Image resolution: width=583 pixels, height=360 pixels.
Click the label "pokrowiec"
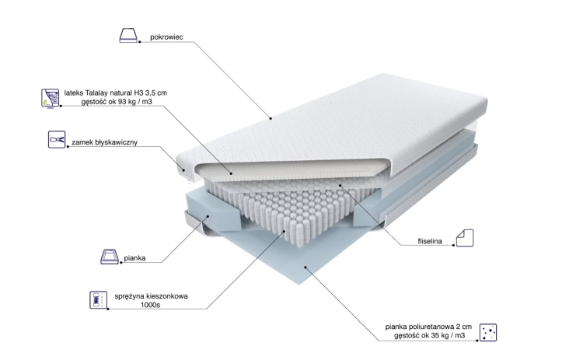[166, 37]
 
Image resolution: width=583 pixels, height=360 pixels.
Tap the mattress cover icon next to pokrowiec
[128, 35]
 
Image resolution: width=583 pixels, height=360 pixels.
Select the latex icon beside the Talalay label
[51, 98]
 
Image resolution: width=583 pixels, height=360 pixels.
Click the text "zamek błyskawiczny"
[104, 142]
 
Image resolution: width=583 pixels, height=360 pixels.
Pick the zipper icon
[57, 139]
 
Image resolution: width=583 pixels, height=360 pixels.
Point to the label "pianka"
[134, 258]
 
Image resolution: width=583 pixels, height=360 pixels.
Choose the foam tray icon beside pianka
[110, 257]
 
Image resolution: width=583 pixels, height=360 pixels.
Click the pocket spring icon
[99, 300]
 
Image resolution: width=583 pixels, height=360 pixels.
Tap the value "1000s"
[150, 305]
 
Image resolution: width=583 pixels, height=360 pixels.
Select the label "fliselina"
[430, 241]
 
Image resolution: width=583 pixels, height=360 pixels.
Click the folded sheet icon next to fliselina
[465, 238]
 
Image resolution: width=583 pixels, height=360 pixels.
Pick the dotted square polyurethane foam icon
[488, 332]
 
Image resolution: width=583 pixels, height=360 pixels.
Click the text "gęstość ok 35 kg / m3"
[429, 335]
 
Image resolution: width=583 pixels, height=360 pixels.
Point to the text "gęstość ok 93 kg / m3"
[117, 102]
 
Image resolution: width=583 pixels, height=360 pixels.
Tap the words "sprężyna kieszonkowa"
[151, 296]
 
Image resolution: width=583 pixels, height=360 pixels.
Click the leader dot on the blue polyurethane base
[305, 267]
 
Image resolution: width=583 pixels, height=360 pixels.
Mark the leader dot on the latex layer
[232, 173]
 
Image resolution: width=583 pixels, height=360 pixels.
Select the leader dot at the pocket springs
[285, 231]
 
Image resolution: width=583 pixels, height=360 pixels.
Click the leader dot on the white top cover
[271, 119]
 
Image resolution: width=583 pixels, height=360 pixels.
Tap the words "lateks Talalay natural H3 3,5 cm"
[116, 93]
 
